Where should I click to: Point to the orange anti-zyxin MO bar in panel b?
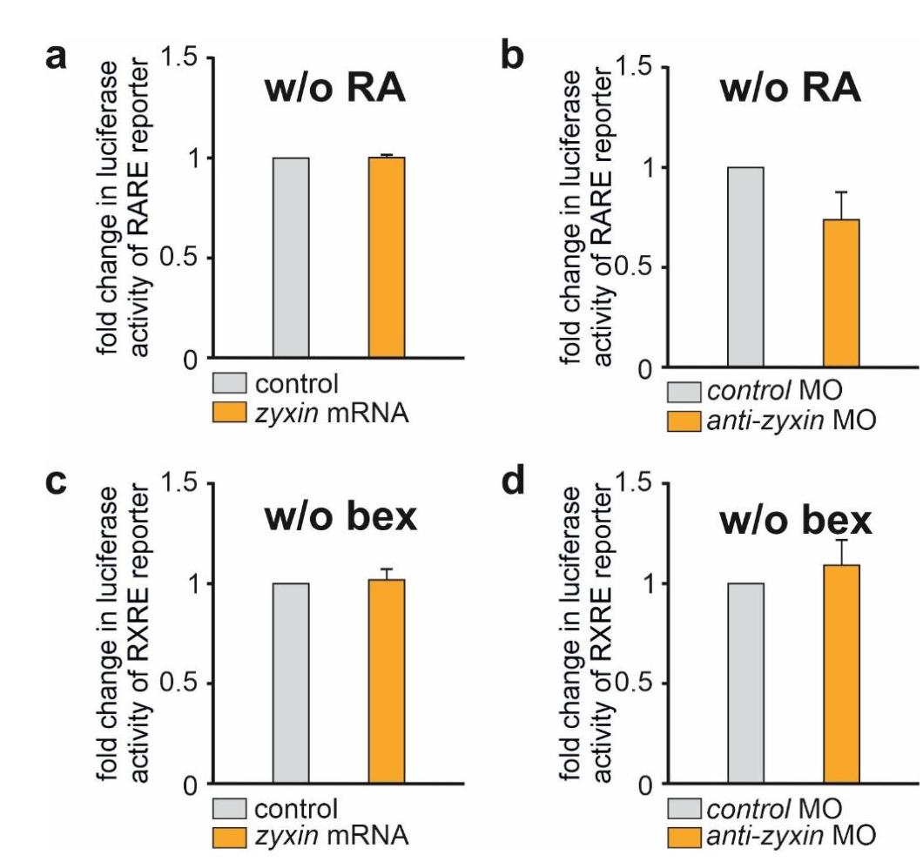[840, 293]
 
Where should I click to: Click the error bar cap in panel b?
[841, 192]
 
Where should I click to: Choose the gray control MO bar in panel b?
[745, 266]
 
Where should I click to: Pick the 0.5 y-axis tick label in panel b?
[635, 267]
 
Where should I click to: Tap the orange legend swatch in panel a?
[229, 413]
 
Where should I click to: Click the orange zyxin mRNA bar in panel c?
[387, 683]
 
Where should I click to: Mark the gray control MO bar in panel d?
[745, 684]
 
